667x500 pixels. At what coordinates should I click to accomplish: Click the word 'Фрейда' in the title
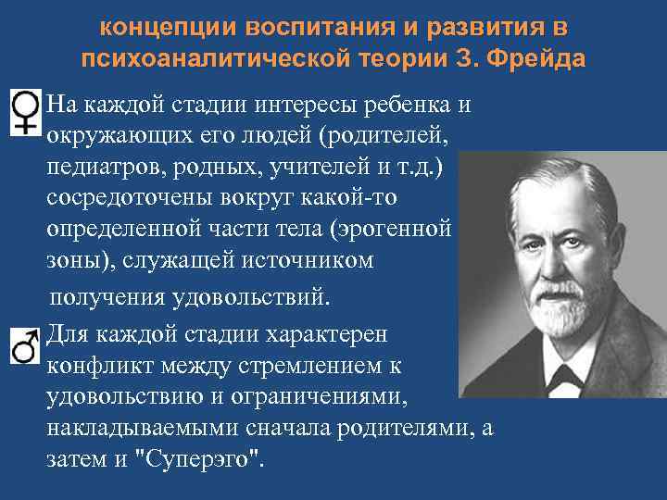pos(547,60)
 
